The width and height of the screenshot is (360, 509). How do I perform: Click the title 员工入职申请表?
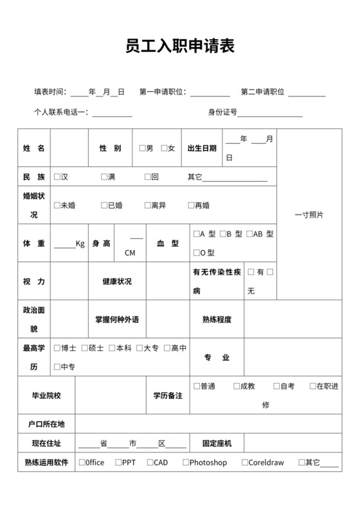point(179,46)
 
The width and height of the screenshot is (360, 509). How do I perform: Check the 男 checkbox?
point(142,148)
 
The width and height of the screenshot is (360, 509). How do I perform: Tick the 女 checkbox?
point(165,148)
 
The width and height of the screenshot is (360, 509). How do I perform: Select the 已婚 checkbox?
point(104,206)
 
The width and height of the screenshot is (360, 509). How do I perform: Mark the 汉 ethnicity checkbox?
point(58,177)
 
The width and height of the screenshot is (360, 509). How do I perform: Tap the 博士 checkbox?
point(58,348)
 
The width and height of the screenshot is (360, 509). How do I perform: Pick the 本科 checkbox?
point(113,348)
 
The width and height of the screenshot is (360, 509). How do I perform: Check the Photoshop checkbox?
point(186,463)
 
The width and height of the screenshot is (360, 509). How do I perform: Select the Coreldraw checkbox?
point(245,463)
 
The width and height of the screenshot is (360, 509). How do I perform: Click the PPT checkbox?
point(118,463)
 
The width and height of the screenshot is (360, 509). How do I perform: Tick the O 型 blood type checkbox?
point(196,253)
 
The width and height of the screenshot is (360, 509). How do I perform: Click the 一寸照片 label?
point(309,215)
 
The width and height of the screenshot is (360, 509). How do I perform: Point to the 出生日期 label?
point(202,148)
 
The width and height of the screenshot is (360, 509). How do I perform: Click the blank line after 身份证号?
point(270,113)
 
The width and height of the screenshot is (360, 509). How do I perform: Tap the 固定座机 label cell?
point(217,443)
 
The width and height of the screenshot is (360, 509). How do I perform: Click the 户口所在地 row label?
point(46,424)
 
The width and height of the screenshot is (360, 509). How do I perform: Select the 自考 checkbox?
point(276,386)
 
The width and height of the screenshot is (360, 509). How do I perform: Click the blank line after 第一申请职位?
point(210,93)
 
